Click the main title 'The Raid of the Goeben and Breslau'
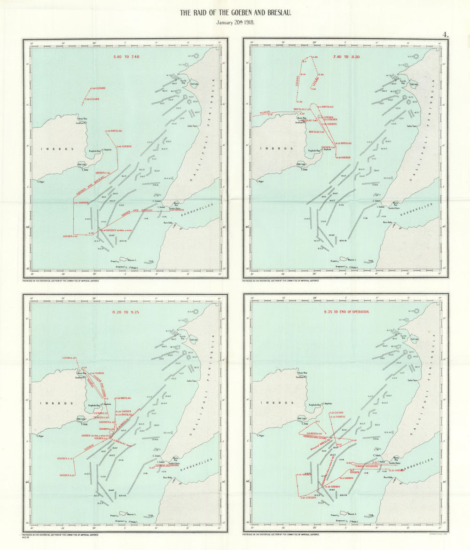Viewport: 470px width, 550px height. point(235,13)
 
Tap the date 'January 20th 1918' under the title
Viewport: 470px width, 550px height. point(235,23)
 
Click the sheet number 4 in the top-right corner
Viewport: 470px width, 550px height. point(444,34)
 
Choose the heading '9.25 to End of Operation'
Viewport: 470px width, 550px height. point(347,312)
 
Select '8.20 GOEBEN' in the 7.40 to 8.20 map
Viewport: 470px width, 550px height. point(344,157)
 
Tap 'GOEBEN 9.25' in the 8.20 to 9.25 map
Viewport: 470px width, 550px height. point(67,475)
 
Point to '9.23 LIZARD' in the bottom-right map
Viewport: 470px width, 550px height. point(337,412)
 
